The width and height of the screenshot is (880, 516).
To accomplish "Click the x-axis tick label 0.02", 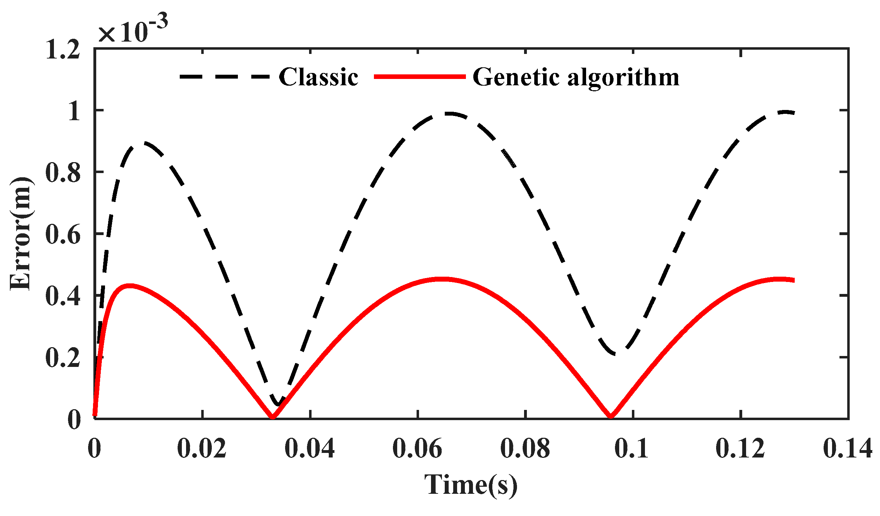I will pyautogui.click(x=202, y=449).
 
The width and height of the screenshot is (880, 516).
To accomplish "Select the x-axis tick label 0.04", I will pyautogui.click(x=309, y=449).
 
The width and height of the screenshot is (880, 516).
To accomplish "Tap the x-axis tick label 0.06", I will pyautogui.click(x=417, y=449).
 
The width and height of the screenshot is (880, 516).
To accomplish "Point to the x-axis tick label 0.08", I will pyautogui.click(x=525, y=449).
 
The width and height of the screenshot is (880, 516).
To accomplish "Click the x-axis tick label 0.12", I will pyautogui.click(x=740, y=449).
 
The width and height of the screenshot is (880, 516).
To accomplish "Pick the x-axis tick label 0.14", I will pyautogui.click(x=848, y=449).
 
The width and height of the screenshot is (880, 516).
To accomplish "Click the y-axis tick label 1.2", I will pyautogui.click(x=63, y=50).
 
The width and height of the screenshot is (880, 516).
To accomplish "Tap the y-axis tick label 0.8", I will pyautogui.click(x=63, y=173).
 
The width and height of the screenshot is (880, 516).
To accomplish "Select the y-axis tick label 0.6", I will pyautogui.click(x=63, y=235).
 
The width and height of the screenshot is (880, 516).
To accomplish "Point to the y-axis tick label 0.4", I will pyautogui.click(x=63, y=296).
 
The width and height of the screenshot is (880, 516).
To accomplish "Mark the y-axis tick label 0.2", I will pyautogui.click(x=63, y=358).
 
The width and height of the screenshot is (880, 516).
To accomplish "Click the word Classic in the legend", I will pyautogui.click(x=318, y=77).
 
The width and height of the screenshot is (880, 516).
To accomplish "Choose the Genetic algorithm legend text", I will pyautogui.click(x=576, y=77).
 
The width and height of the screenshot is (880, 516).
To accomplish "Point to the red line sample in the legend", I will pyautogui.click(x=419, y=76).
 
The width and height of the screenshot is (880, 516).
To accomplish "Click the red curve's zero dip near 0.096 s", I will pyautogui.click(x=611, y=416).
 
